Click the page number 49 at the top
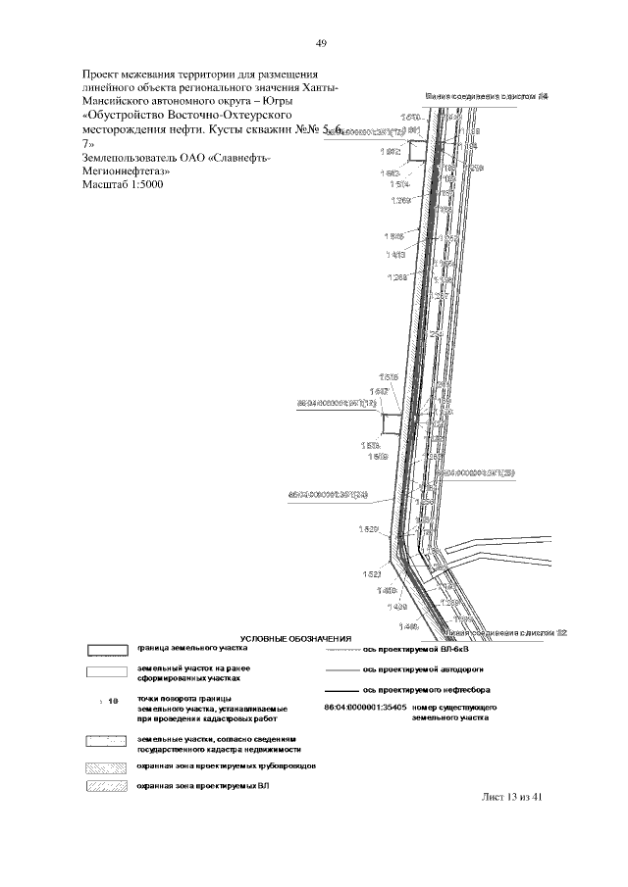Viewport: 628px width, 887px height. point(321,42)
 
